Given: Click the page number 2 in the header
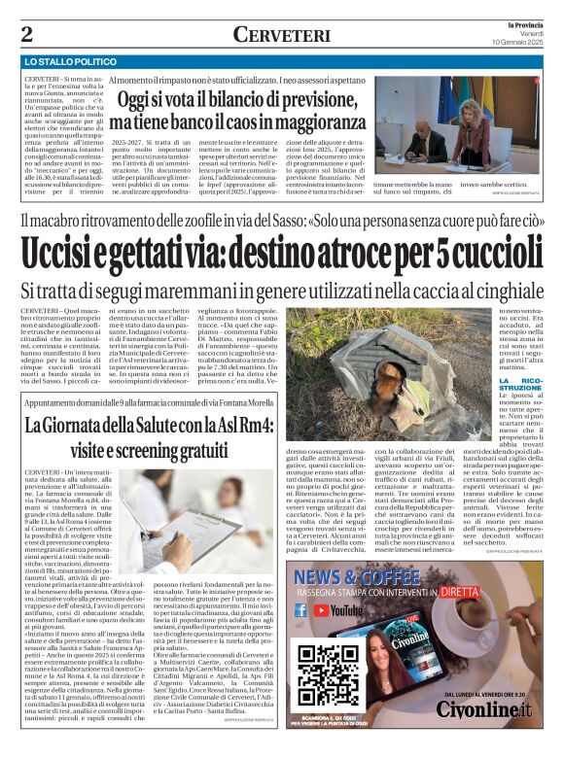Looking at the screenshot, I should point(26,35).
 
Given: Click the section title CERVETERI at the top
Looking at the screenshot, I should point(281,35).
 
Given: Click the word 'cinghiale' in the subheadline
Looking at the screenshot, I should point(505,290).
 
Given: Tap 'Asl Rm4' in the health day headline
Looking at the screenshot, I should point(240,425).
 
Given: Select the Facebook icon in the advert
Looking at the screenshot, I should point(300,610).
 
